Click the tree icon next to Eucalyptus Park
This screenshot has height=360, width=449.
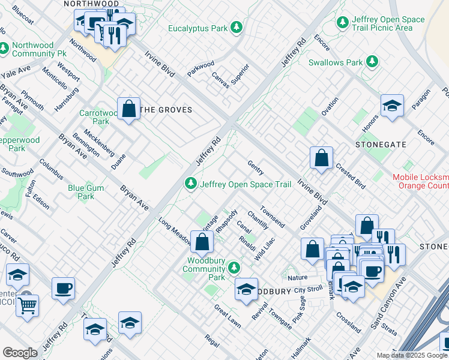coord(237,28)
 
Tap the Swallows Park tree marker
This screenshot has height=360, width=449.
coord(372,62)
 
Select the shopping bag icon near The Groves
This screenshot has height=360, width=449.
coord(128,109)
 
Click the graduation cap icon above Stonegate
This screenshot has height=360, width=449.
coord(392,106)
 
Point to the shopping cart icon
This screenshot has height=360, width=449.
coord(27,305)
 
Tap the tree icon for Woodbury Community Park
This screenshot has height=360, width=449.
coord(237,268)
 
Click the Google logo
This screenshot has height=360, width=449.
coord(20,353)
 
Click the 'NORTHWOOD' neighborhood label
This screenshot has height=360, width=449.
coord(91,4)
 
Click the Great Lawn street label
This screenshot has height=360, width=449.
coord(228,316)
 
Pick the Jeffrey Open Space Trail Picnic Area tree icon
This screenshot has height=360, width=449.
coord(343,23)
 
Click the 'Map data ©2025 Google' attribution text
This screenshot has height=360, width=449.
coord(411,355)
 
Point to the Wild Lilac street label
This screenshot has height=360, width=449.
coord(264,248)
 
